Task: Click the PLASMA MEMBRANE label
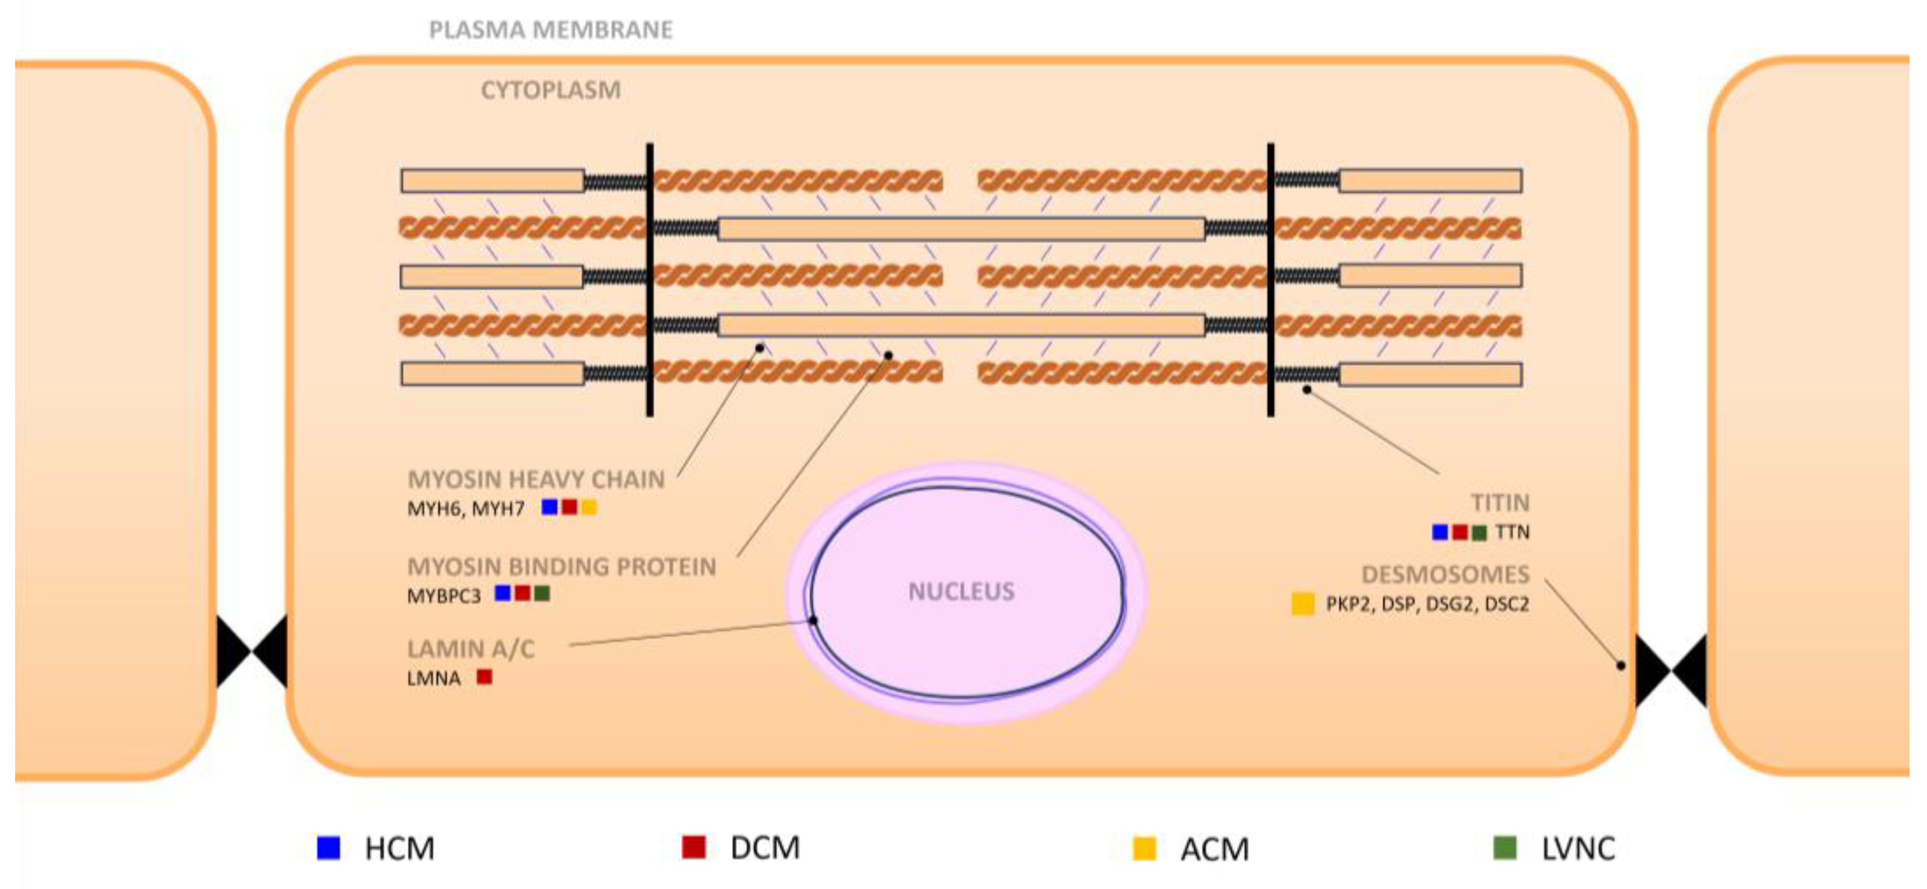pos(550,30)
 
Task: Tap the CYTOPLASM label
pos(550,90)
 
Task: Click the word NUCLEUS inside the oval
pos(961,591)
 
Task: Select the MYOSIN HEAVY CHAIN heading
pos(536,480)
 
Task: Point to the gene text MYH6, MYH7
pos(465,509)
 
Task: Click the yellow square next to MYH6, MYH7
pos(588,508)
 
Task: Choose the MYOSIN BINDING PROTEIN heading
pos(561,567)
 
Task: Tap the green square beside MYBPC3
pos(542,594)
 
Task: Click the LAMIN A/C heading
pos(471,649)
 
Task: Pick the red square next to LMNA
pos(485,677)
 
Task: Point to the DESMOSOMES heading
pos(1445,574)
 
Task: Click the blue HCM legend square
pos(329,848)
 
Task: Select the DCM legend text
pos(765,848)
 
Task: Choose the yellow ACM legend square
pos(1145,849)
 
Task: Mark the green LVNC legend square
pos(1505,848)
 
